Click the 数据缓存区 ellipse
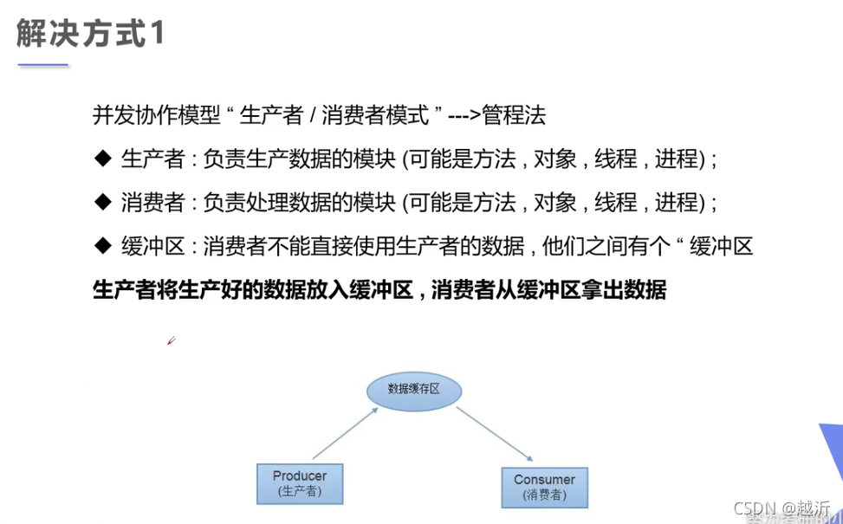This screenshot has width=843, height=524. coord(413,389)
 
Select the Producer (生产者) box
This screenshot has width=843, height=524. coord(300,483)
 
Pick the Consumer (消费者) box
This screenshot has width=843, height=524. coord(544,487)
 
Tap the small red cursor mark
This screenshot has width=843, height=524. coord(171,341)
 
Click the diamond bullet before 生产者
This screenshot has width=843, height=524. coord(102,158)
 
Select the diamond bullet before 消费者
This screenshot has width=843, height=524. coord(102,202)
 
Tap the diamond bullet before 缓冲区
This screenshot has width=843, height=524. coord(102,246)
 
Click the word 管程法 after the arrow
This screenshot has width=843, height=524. coord(514,113)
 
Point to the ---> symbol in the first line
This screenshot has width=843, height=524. coord(464,113)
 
